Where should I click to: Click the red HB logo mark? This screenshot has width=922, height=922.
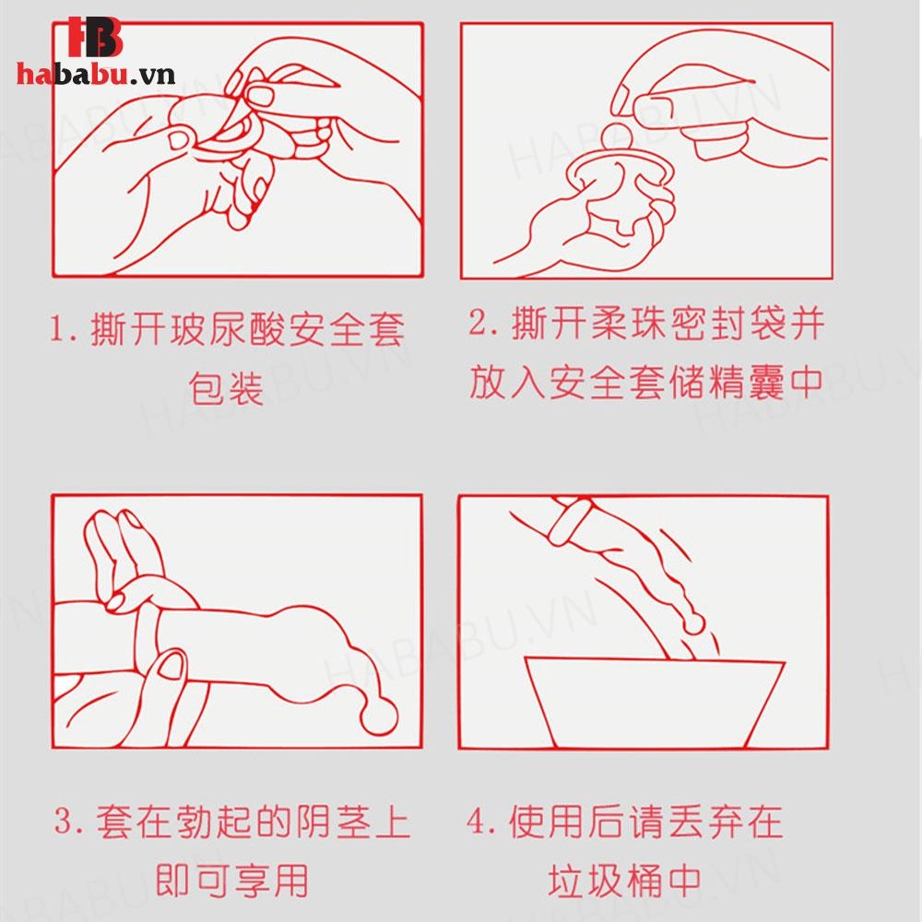[x=94, y=37]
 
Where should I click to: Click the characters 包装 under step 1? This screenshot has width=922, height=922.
[x=226, y=388]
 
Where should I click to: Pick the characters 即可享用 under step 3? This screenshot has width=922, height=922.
[x=232, y=881]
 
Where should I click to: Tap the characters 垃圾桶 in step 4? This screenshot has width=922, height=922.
[x=606, y=881]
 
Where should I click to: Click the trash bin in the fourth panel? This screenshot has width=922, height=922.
[x=654, y=702]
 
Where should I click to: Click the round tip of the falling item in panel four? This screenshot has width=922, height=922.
[x=694, y=624]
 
